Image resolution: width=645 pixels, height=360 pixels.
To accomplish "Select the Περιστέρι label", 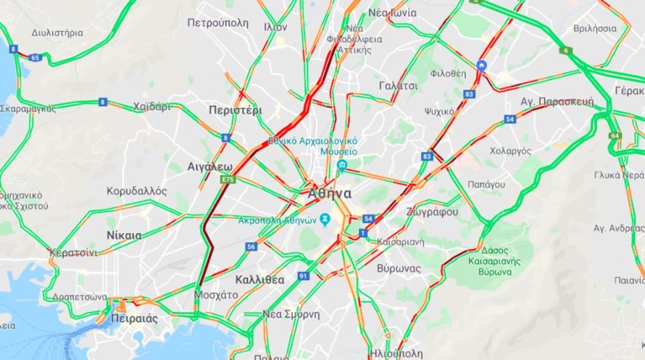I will (x=235, y=110).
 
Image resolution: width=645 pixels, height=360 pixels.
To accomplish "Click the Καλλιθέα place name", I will (x=260, y=278).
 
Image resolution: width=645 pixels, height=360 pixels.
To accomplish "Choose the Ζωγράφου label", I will (x=431, y=211).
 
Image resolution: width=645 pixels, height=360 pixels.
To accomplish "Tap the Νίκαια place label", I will (x=124, y=236).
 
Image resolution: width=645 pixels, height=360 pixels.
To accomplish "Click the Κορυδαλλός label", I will (x=137, y=191).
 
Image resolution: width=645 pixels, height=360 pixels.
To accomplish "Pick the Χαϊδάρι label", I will (x=151, y=107).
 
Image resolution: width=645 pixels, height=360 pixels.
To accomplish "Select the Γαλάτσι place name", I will (x=398, y=86).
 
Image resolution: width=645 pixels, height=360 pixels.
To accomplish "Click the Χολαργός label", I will (x=510, y=151).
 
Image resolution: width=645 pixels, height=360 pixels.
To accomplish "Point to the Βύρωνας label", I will (x=399, y=268).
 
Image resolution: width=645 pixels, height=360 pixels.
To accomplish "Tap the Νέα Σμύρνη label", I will (x=291, y=314).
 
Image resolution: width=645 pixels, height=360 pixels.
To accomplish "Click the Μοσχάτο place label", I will (x=216, y=295).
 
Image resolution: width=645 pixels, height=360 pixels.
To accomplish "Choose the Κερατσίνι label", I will (x=73, y=252).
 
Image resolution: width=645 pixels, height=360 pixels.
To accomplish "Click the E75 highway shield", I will (x=226, y=179).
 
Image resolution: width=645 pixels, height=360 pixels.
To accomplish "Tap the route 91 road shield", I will (x=303, y=276).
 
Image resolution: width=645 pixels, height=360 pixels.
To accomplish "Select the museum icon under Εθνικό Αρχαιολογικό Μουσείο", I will (x=341, y=167).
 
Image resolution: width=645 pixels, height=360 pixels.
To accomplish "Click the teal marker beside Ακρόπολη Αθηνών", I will (x=325, y=220).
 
